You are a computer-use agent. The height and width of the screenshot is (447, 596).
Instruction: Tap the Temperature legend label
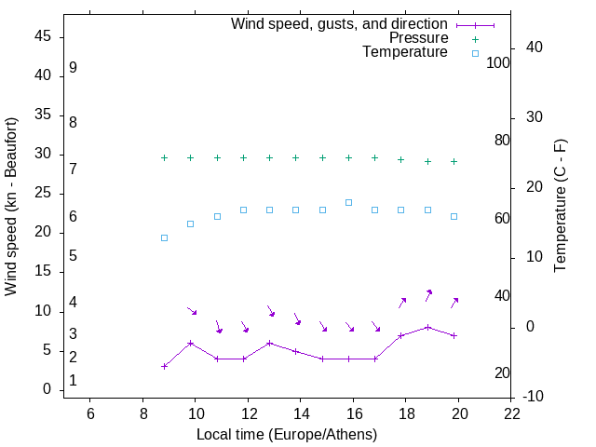pos(405,52)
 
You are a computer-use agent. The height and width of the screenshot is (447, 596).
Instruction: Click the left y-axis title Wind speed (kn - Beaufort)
pos(11,207)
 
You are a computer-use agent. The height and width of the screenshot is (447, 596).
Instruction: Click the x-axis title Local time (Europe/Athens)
pos(287,435)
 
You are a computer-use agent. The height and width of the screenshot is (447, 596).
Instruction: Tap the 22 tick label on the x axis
pos(511,413)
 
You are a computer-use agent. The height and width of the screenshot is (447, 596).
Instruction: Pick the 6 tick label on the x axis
pos(89,413)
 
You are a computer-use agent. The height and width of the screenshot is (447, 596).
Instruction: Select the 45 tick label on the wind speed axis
pos(43,36)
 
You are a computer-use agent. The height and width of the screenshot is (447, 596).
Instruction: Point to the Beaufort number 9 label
pos(73,68)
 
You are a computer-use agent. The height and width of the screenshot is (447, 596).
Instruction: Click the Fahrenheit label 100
pos(498,62)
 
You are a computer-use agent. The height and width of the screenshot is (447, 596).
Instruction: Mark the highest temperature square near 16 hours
pos(348,202)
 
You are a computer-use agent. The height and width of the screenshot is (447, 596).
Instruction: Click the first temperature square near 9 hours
pos(164,237)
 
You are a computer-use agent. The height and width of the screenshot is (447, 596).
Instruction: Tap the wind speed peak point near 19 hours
pos(427,327)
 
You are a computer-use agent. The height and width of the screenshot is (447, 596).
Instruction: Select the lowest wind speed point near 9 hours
pos(164,366)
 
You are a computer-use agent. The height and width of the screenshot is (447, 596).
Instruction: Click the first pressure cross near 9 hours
pos(164,158)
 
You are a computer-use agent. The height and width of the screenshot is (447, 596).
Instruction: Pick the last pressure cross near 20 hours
pos(454,161)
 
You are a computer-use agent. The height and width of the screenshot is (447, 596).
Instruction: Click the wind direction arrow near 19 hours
pos(428,294)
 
